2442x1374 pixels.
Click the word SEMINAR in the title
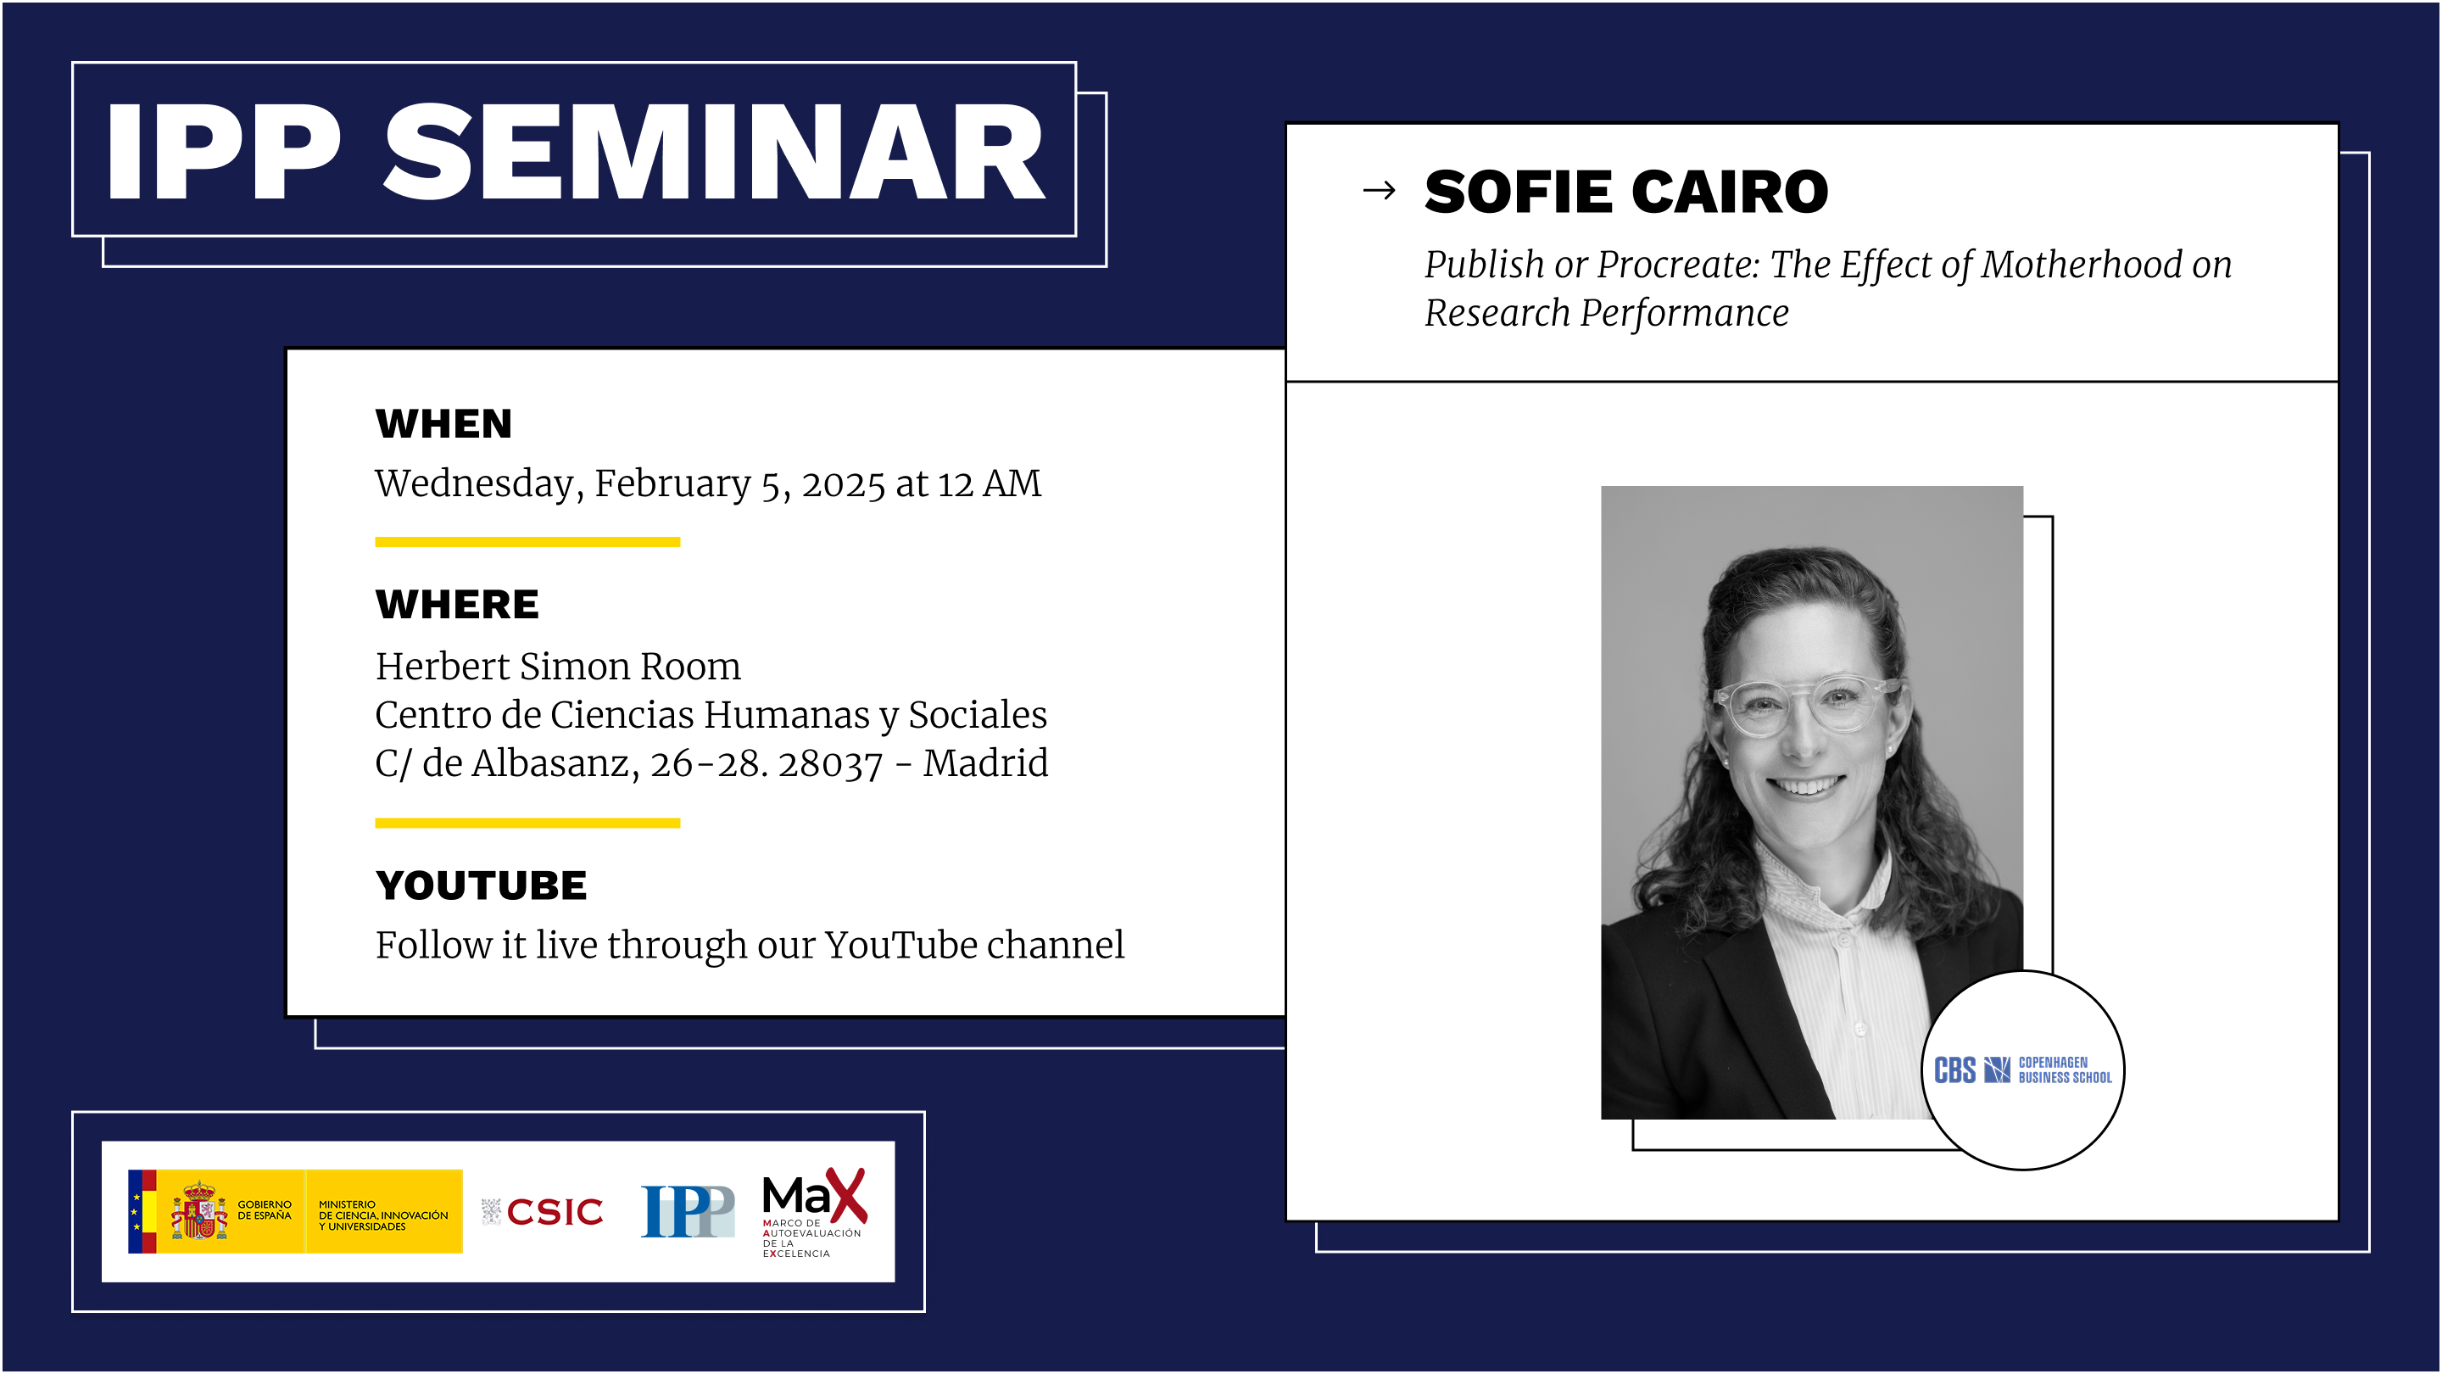coord(713,152)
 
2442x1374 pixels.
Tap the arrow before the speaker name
coord(1379,191)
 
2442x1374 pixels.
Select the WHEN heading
coord(443,424)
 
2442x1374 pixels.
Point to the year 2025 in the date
coord(843,484)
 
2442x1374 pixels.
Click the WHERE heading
coord(457,604)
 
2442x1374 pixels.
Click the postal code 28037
coord(829,763)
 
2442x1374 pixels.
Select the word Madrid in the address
coord(986,763)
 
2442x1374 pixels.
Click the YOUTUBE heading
coord(482,885)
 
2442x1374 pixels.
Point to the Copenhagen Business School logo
coord(2022,1070)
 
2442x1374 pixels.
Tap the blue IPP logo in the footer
coord(688,1211)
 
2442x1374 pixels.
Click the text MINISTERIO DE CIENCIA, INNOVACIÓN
coord(383,1215)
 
